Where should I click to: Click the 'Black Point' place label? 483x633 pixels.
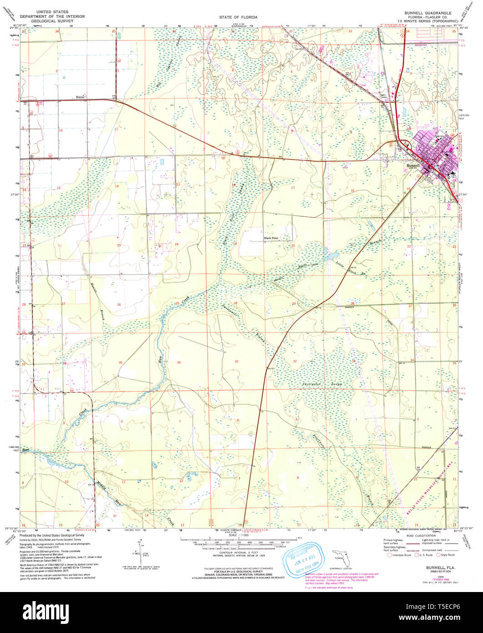coord(271,238)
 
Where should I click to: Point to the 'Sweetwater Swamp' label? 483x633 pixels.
coord(322,384)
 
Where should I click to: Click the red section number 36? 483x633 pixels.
coord(179,362)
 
